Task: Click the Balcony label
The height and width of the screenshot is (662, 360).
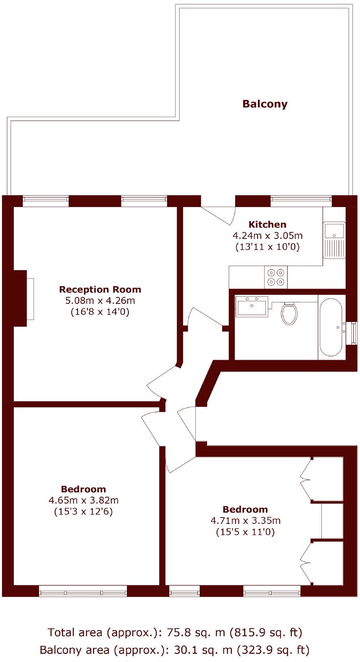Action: (265, 104)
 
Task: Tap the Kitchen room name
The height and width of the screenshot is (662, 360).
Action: (267, 224)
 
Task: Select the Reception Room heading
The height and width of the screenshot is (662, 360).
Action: (100, 289)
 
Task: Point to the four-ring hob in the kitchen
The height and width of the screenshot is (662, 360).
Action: (276, 277)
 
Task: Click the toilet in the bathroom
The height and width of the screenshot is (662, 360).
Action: (289, 313)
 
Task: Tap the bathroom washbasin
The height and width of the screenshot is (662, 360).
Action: (252, 306)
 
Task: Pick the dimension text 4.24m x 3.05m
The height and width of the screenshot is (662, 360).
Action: (267, 236)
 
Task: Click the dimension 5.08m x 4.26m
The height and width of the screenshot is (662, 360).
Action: (100, 301)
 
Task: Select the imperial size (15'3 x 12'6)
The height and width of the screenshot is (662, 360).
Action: (83, 512)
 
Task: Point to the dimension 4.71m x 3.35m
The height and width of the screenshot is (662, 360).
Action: (245, 520)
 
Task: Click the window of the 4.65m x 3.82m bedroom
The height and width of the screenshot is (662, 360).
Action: (83, 591)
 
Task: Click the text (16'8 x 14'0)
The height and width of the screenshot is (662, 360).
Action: (100, 312)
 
